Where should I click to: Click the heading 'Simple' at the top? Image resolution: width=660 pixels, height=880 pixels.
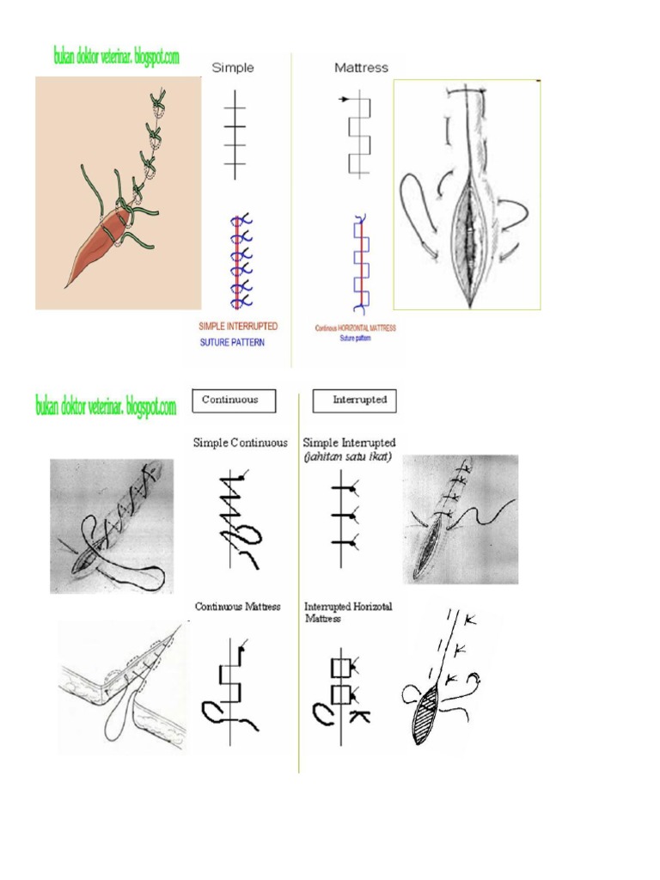(x=234, y=67)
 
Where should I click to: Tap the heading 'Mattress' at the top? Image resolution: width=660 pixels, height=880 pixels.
(x=361, y=67)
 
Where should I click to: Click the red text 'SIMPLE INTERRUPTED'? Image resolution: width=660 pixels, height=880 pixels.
(x=238, y=327)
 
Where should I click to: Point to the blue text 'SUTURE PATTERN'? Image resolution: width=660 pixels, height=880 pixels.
(x=233, y=341)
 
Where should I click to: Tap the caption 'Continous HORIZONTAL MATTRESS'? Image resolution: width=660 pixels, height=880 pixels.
(x=356, y=328)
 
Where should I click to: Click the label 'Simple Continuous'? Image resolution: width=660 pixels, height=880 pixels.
(x=241, y=443)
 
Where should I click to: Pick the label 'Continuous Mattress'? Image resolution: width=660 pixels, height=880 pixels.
(x=238, y=607)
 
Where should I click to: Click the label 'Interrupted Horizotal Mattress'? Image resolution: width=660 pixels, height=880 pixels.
(x=348, y=612)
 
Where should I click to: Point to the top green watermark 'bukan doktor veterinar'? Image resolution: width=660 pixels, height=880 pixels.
(x=115, y=58)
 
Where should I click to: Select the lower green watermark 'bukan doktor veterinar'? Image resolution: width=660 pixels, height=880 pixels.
(x=106, y=406)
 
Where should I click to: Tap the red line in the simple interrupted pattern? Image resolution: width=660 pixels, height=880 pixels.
(x=236, y=262)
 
